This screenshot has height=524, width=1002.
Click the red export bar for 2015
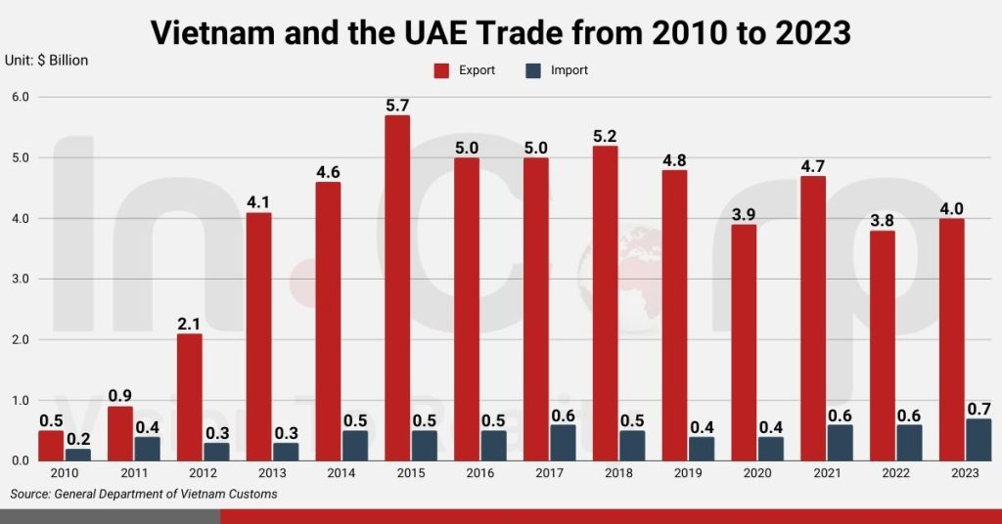pos(397,287)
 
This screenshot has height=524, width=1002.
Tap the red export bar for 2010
pos(51,445)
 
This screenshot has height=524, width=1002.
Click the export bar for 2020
pos(745,342)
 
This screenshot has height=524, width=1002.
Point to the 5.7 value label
pos(397,103)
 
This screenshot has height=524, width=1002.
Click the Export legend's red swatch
pos(440,70)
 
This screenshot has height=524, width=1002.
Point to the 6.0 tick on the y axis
pos(21,97)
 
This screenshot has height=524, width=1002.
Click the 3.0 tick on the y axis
pos(21,279)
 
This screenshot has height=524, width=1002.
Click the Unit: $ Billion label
pos(47,61)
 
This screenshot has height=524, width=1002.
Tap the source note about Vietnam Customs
pos(144,494)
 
